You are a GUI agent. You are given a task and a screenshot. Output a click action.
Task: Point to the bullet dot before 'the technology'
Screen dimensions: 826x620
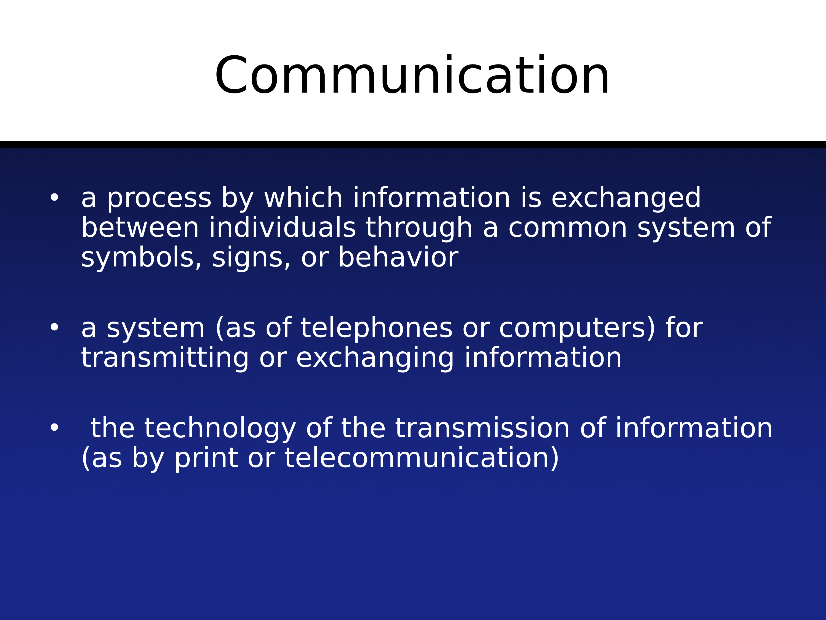click(54, 428)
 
